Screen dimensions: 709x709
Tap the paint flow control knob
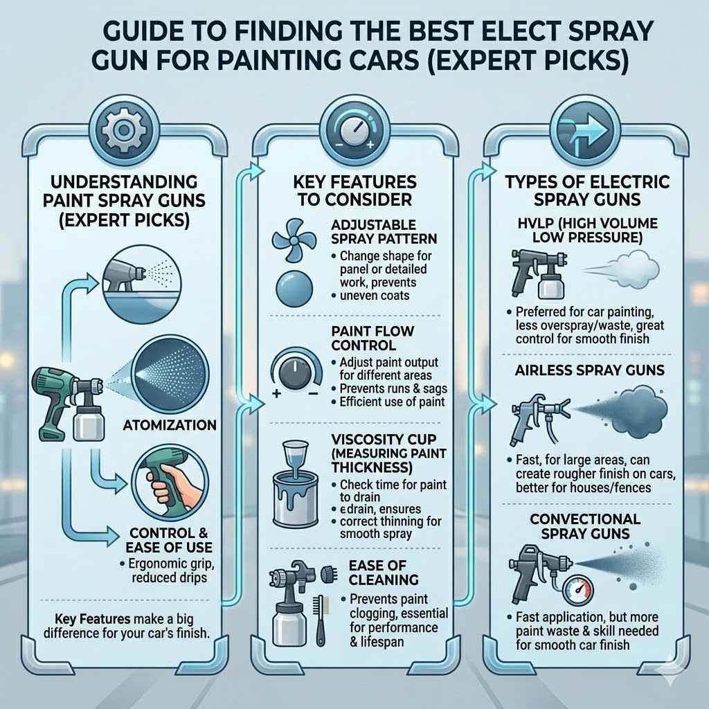(296, 375)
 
